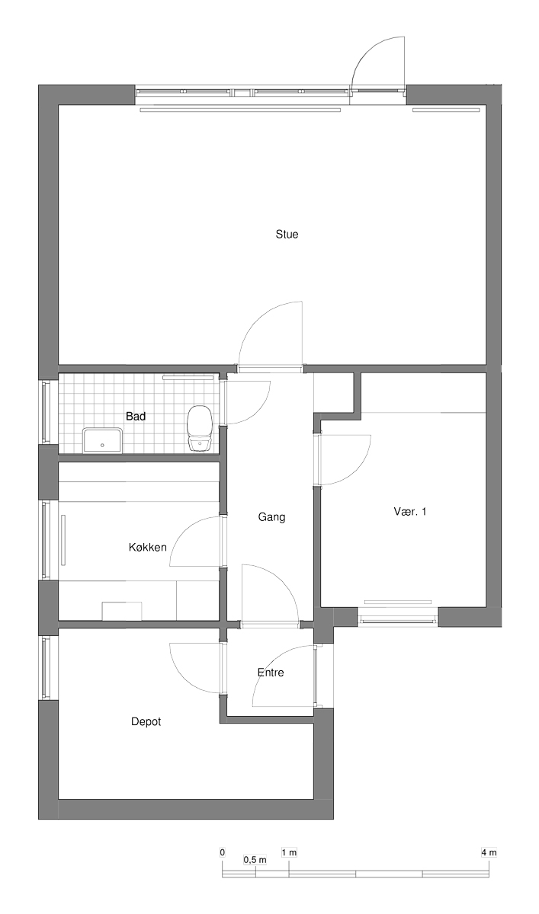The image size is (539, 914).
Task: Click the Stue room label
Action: tap(287, 235)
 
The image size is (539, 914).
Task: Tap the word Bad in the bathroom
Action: tap(136, 416)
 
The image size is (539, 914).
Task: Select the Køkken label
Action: tap(147, 547)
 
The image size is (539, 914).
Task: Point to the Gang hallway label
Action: tap(271, 517)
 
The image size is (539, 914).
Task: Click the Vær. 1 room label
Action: tap(410, 511)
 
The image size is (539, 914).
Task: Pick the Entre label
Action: tap(271, 673)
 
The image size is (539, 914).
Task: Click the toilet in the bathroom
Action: tap(199, 428)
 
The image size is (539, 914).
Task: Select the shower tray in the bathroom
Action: tap(102, 440)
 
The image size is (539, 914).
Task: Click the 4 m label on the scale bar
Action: tap(489, 852)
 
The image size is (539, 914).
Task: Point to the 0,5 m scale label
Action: tap(255, 860)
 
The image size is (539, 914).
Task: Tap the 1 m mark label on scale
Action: tap(289, 852)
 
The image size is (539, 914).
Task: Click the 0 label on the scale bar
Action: tap(222, 852)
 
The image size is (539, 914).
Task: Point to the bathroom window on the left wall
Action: tap(46, 411)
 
